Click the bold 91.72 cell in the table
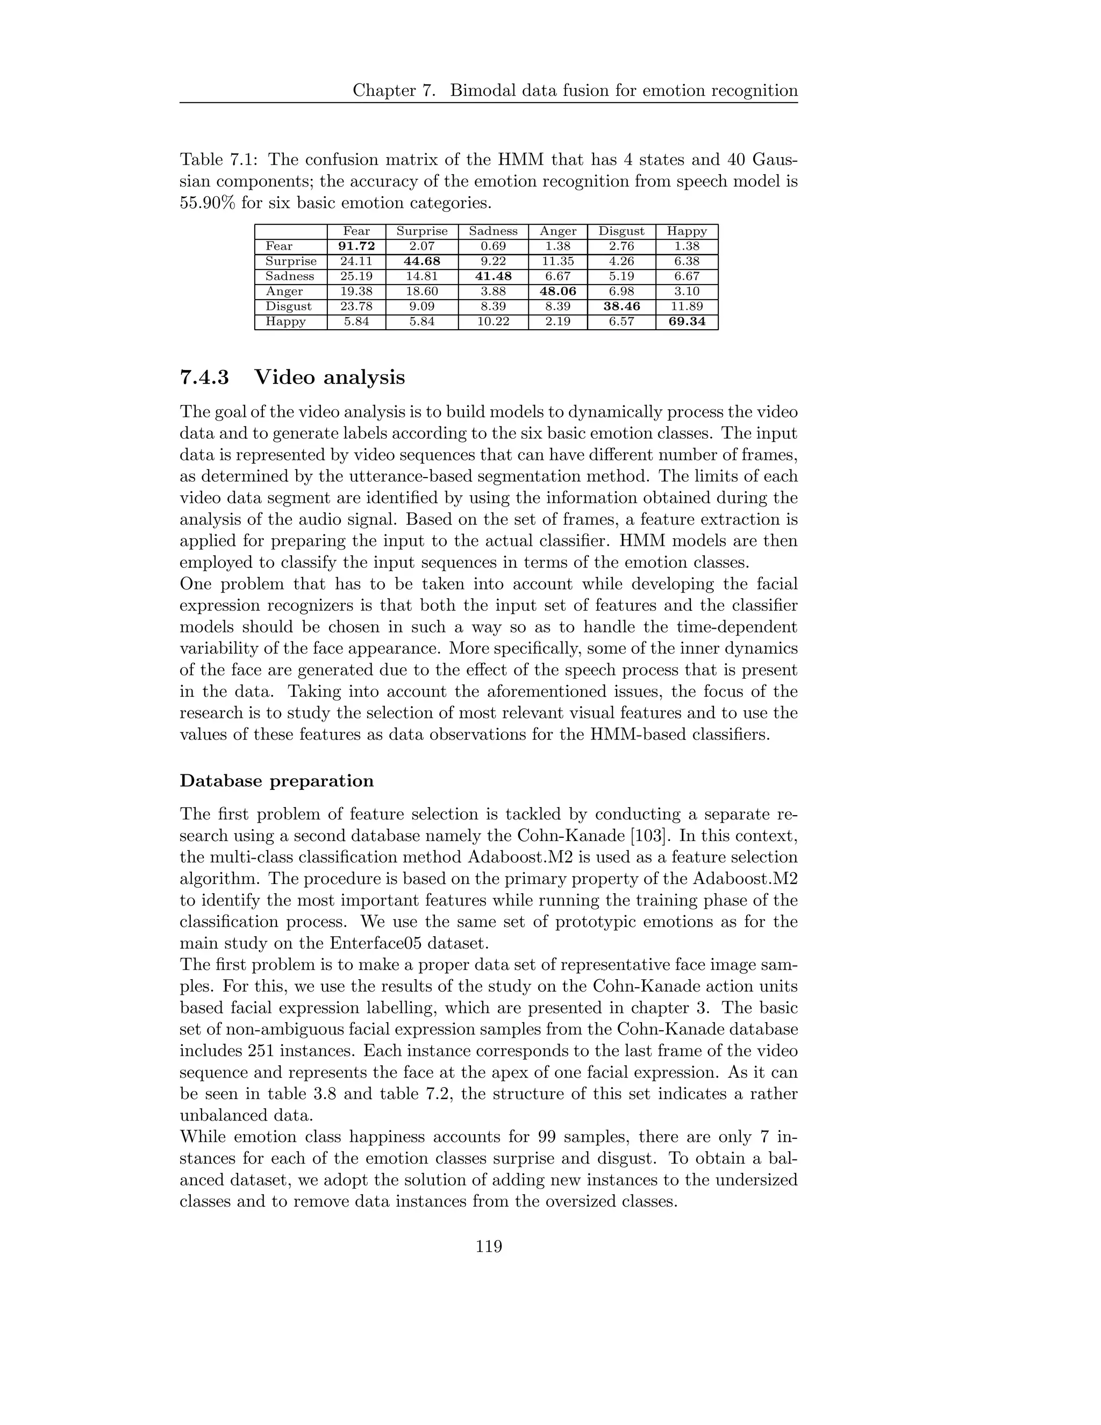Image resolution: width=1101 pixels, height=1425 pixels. pyautogui.click(x=356, y=246)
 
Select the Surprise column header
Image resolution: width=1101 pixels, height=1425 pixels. pyautogui.click(x=422, y=231)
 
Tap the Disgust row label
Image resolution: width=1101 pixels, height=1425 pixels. pyautogui.click(x=288, y=306)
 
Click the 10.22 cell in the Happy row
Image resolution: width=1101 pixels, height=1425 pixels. pyautogui.click(x=493, y=322)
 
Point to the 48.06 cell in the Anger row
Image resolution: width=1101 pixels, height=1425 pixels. pyautogui.click(x=557, y=291)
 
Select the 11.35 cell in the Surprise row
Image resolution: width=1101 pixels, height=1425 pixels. pyautogui.click(x=557, y=261)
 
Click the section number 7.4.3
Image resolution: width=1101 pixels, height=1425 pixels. pyautogui.click(x=204, y=378)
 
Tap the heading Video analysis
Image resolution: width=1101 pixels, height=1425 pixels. pyautogui.click(x=330, y=378)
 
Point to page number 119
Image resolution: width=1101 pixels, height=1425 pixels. pyautogui.click(x=489, y=1247)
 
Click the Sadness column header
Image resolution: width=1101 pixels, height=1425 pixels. pyautogui.click(x=493, y=231)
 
